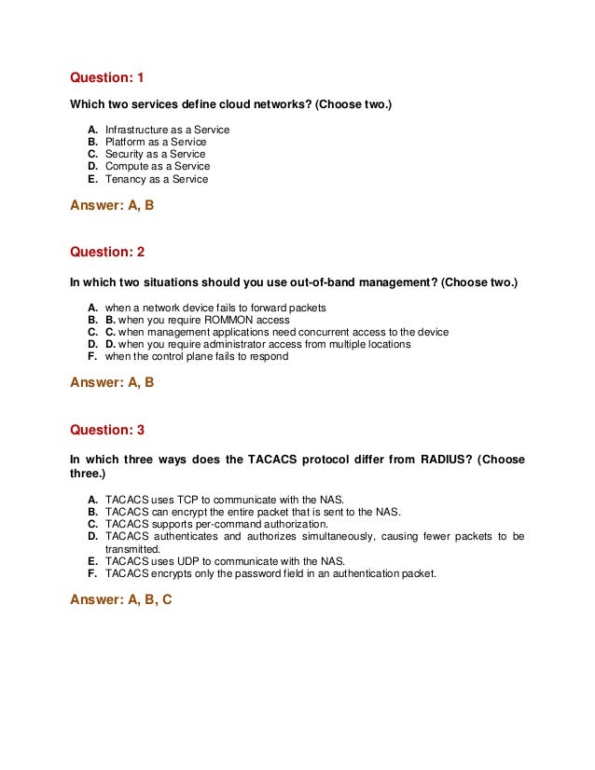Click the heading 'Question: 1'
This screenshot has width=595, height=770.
(x=107, y=76)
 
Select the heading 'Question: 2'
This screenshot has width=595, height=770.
(x=107, y=252)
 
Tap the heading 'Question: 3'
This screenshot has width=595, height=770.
(x=107, y=430)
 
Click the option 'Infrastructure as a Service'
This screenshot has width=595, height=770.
(x=167, y=130)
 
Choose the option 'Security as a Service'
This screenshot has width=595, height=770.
(x=155, y=154)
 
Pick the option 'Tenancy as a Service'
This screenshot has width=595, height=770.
(x=157, y=179)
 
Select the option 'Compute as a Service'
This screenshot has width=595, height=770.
(x=158, y=167)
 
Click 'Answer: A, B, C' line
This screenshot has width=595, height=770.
(x=121, y=599)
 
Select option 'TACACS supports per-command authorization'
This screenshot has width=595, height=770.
(x=224, y=524)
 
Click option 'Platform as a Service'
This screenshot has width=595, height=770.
(x=156, y=142)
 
